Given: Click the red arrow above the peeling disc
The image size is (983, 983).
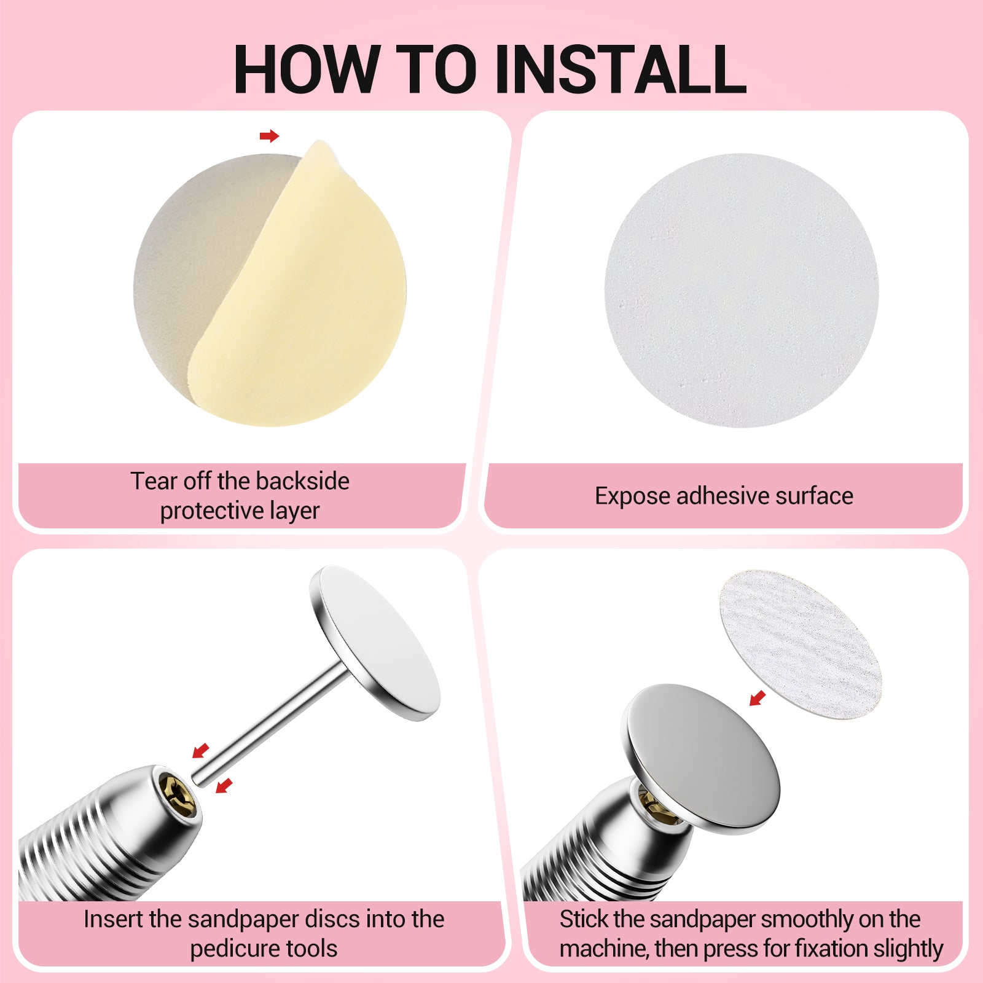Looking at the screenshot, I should coord(269,136).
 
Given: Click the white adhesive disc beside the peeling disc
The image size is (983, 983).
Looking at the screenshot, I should coord(742,290).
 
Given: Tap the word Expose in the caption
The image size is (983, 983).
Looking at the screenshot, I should coord(632,496).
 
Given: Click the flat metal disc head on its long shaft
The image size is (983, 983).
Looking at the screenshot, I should coord(375,642).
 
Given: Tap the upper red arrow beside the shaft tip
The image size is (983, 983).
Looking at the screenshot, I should coord(201,750).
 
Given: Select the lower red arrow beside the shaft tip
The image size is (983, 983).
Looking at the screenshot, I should coord(224,785).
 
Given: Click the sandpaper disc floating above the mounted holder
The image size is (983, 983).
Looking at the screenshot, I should coord(800,644).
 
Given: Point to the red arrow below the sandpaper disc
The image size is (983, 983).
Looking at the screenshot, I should coord(758,698).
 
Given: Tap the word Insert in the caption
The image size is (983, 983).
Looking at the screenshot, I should coord(113,919).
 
